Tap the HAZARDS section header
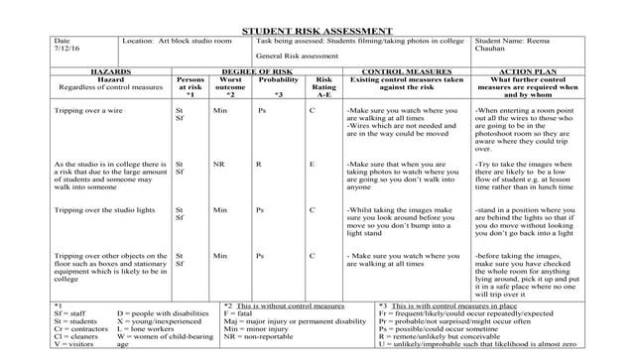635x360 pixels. [111, 72]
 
